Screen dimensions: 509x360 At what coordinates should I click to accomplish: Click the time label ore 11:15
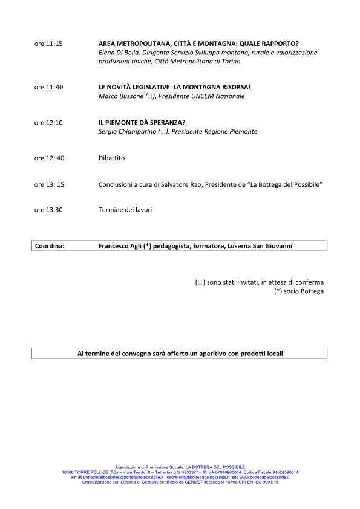point(48,44)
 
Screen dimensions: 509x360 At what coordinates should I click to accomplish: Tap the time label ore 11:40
point(48,87)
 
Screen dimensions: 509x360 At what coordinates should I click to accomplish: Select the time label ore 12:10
point(48,123)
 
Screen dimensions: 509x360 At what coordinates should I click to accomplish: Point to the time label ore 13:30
point(48,210)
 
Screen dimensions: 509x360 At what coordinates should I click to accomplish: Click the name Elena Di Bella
point(117,53)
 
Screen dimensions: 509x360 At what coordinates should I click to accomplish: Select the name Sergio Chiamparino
point(126,132)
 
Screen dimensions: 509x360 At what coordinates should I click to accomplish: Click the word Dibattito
point(111,158)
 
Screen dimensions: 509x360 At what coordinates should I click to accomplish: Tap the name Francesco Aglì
point(120,246)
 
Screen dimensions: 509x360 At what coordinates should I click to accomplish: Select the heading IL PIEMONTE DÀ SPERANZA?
point(142,123)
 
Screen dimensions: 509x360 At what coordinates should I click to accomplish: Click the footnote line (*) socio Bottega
point(298,291)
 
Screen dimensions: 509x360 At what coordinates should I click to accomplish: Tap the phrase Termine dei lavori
point(125,210)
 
